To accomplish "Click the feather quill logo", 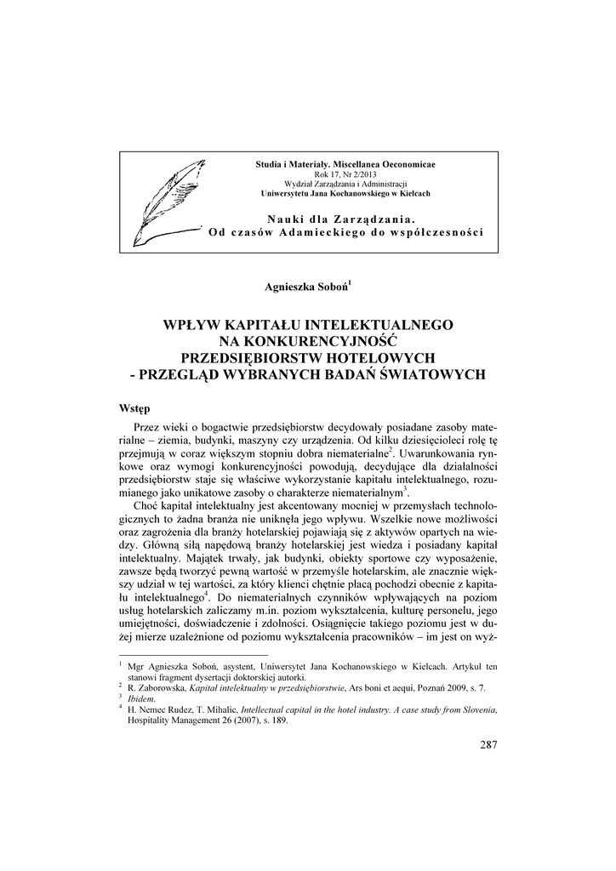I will tap(167, 201).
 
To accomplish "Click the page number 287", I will tap(488, 746).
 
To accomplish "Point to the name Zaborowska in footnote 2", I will tap(163, 686).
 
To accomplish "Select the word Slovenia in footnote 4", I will tap(471, 709).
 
